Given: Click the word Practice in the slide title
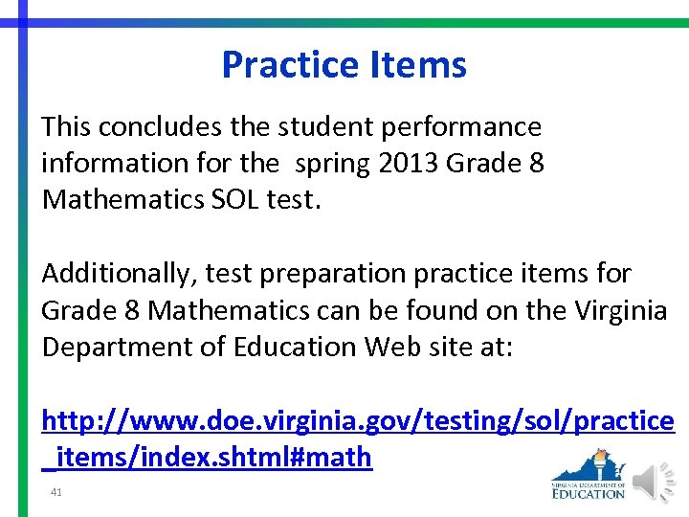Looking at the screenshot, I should (x=278, y=65).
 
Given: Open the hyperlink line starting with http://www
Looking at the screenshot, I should (x=357, y=420).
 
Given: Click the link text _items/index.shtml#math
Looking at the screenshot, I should (x=208, y=457).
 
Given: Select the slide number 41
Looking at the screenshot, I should (x=56, y=491).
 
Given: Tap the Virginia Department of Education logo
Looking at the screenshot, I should (x=589, y=477).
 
